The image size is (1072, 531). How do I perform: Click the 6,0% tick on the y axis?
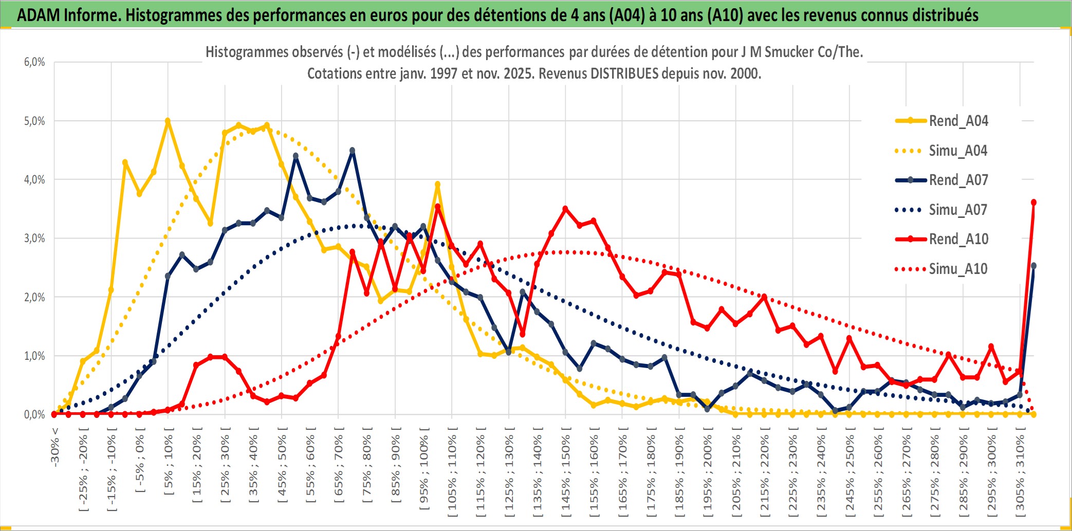34,62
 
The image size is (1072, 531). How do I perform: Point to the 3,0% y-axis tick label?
34,239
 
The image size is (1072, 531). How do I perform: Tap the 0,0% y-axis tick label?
34,415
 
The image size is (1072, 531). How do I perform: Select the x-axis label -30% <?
55,447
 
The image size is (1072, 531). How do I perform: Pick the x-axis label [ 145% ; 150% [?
566,473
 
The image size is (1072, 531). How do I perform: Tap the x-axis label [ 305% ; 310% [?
1020,473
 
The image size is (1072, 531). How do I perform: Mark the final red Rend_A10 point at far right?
1033,203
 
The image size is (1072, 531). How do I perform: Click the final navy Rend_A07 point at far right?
1033,266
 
